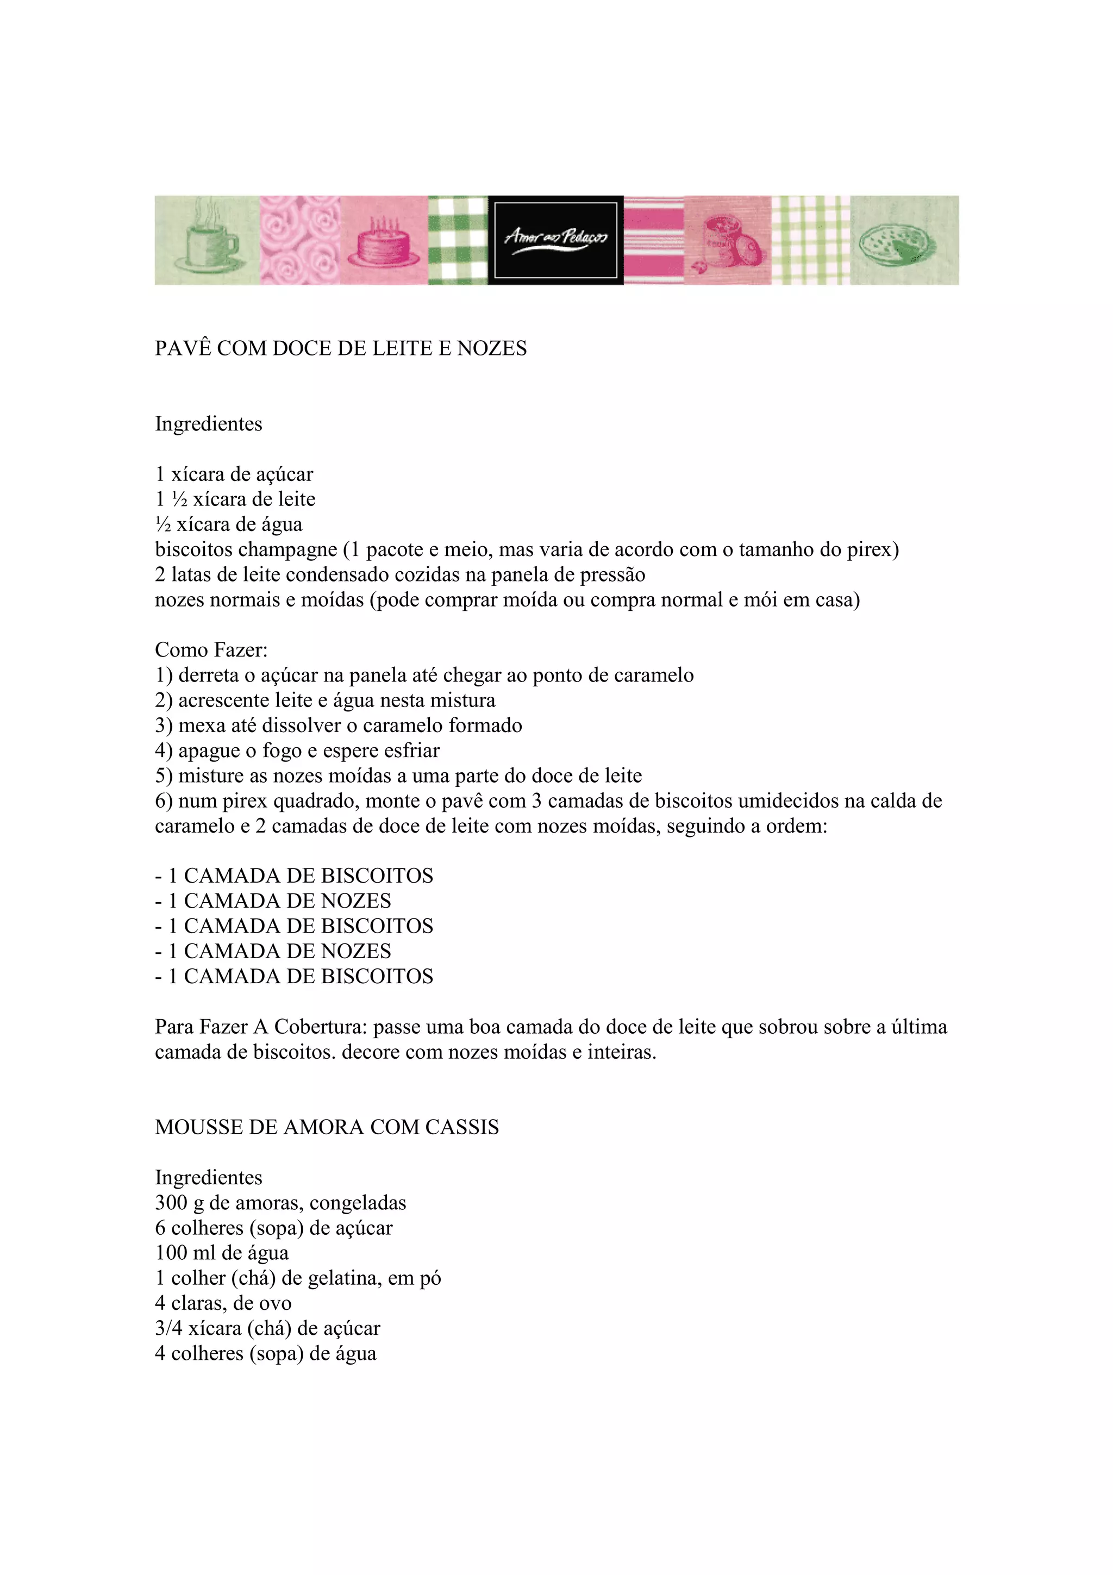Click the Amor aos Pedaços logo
pyautogui.click(x=555, y=240)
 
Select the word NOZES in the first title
pyautogui.click(x=492, y=348)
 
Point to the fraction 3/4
pyautogui.click(x=168, y=1328)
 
